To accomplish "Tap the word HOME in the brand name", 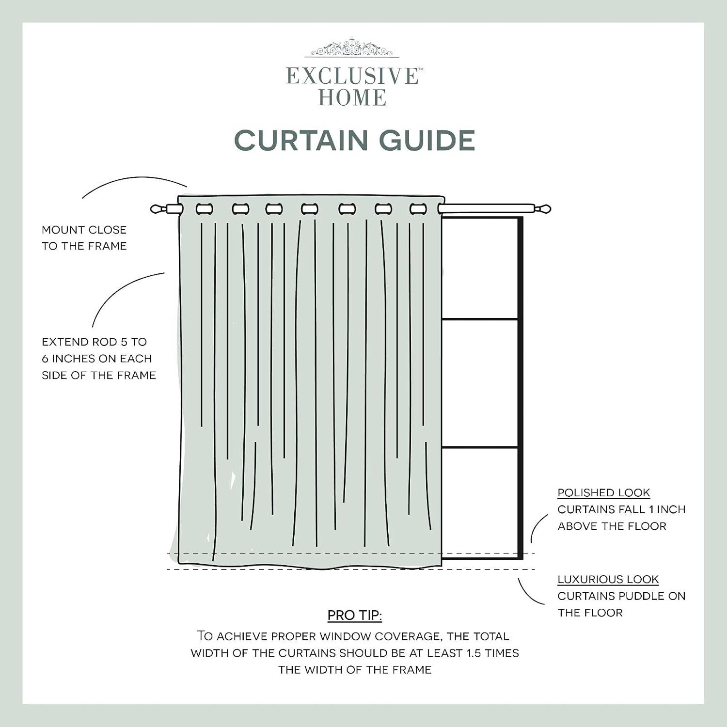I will click(x=352, y=98).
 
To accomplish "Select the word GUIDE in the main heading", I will click(x=427, y=141).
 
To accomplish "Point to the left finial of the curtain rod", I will click(x=158, y=209).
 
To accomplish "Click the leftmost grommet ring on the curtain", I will click(x=204, y=209).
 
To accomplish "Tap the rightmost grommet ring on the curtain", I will click(x=417, y=209).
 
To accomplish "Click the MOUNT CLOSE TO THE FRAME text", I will click(x=84, y=237).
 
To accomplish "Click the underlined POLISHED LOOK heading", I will click(x=603, y=493).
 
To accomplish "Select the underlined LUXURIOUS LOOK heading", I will click(x=608, y=580).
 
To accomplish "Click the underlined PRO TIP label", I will click(x=354, y=616).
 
